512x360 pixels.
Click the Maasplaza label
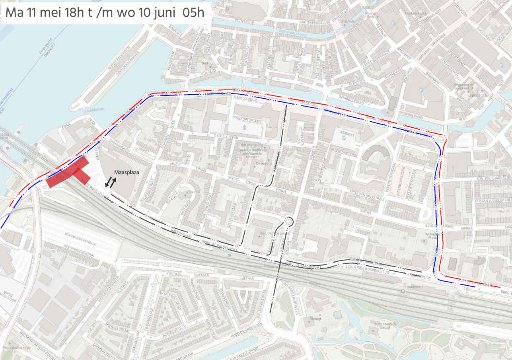pos(127,173)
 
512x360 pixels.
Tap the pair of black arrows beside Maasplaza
pos(111,183)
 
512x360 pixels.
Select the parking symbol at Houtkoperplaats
pos(244,127)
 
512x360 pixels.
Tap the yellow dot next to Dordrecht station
pos(403,291)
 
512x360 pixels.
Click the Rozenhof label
pos(190,193)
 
